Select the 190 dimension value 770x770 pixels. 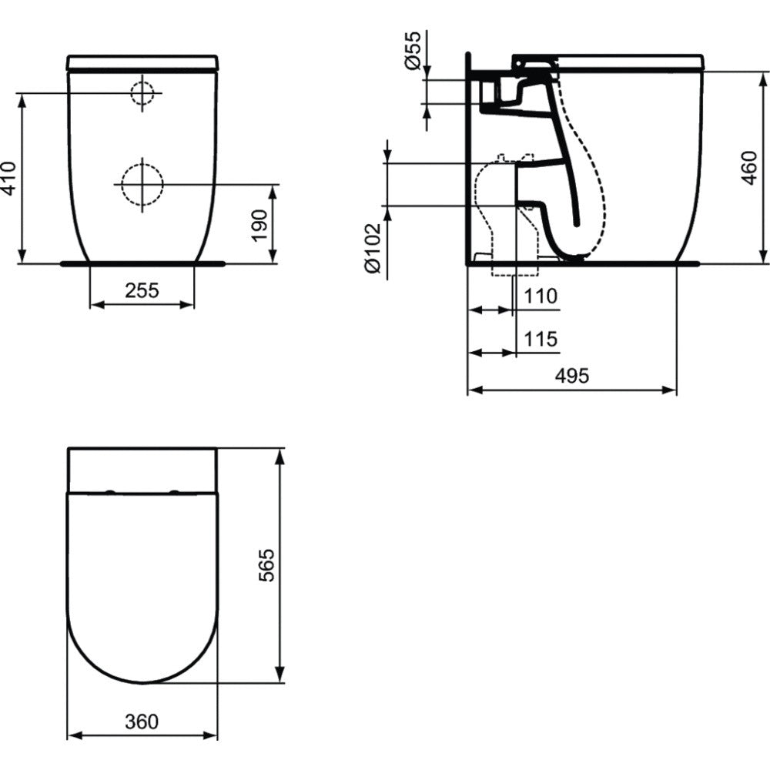pos(259,226)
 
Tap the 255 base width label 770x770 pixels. pos(142,290)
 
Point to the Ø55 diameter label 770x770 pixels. pos(413,50)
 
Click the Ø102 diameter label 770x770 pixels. pos(372,248)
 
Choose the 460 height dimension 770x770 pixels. pos(749,168)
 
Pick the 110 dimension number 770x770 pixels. pos(541,296)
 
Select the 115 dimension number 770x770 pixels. pos(541,339)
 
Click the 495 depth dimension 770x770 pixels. pos(571,376)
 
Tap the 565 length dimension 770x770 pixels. pos(266,565)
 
